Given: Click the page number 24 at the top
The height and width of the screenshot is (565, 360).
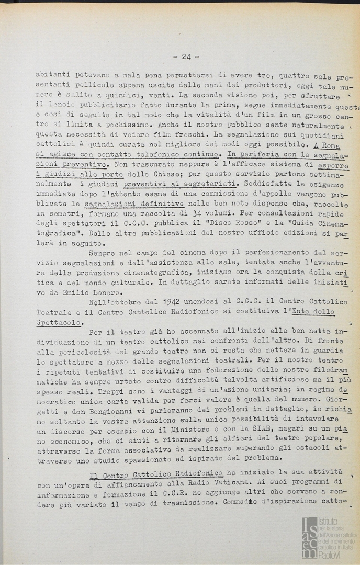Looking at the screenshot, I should click(186, 57).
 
